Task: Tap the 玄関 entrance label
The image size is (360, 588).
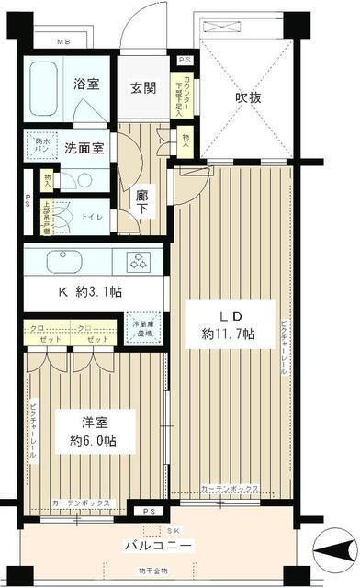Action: point(142,88)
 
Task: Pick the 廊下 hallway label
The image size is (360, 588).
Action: point(142,202)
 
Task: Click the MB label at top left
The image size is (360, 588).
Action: point(64,43)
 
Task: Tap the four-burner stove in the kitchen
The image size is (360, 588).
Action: point(140,261)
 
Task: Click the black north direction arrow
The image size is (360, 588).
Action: point(334,554)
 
